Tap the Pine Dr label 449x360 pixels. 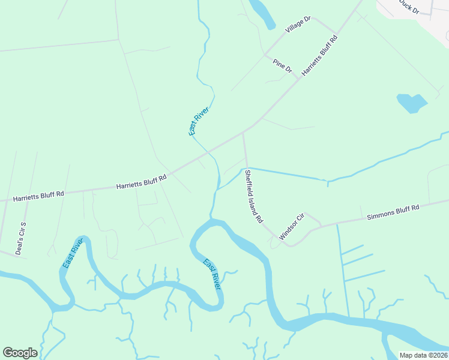click(x=282, y=66)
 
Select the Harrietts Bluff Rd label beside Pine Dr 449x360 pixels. click(x=319, y=55)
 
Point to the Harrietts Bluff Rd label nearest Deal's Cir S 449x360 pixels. click(x=38, y=196)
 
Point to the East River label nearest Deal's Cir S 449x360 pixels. click(x=72, y=253)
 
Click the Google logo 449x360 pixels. click(x=20, y=353)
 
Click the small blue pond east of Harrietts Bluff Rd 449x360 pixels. click(x=411, y=103)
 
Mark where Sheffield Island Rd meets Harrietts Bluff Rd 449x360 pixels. click(x=243, y=134)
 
